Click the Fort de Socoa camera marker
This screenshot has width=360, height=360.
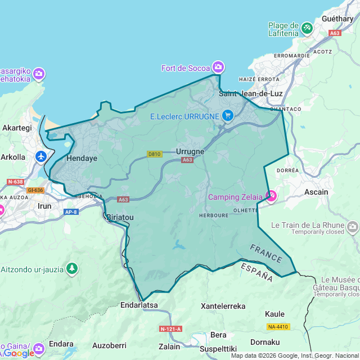(x=218, y=67)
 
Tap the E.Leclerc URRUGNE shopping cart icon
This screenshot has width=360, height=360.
(x=227, y=116)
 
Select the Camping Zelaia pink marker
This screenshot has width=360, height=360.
(x=271, y=196)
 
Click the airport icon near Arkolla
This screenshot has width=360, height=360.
(x=40, y=156)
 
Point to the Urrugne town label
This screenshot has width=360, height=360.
(x=190, y=151)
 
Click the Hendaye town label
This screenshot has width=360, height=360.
(x=82, y=159)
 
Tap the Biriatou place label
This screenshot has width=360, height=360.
(x=120, y=217)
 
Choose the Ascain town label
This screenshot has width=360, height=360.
(x=316, y=192)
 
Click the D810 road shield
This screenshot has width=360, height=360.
(x=154, y=154)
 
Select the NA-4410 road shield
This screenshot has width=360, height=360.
(x=277, y=327)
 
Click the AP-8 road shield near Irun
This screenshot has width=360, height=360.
(x=71, y=211)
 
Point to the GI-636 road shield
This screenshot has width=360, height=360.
(x=35, y=190)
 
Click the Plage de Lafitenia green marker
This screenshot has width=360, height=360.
(x=307, y=27)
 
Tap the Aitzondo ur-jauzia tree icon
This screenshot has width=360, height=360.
(x=71, y=268)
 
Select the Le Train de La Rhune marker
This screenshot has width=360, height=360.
(x=353, y=226)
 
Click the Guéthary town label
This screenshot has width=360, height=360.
(x=337, y=18)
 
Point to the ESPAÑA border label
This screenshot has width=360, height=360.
(x=256, y=272)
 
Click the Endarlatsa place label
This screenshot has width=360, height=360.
(x=139, y=305)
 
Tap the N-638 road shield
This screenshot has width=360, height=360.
(x=16, y=182)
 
